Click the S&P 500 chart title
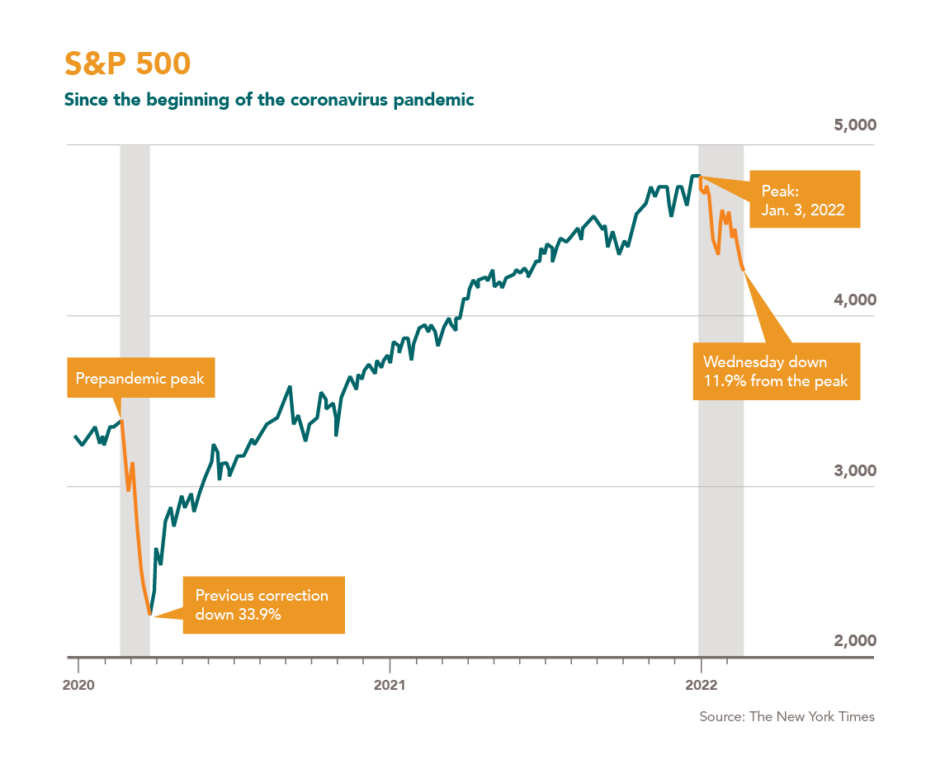[x=127, y=64]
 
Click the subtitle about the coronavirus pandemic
[x=269, y=101]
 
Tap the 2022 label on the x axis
[x=700, y=684]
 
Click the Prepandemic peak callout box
[x=139, y=379]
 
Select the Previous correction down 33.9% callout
[x=262, y=605]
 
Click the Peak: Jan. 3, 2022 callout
[x=803, y=201]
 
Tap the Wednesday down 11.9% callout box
[x=776, y=372]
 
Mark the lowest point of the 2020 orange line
[x=150, y=614]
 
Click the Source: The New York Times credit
[x=787, y=716]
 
